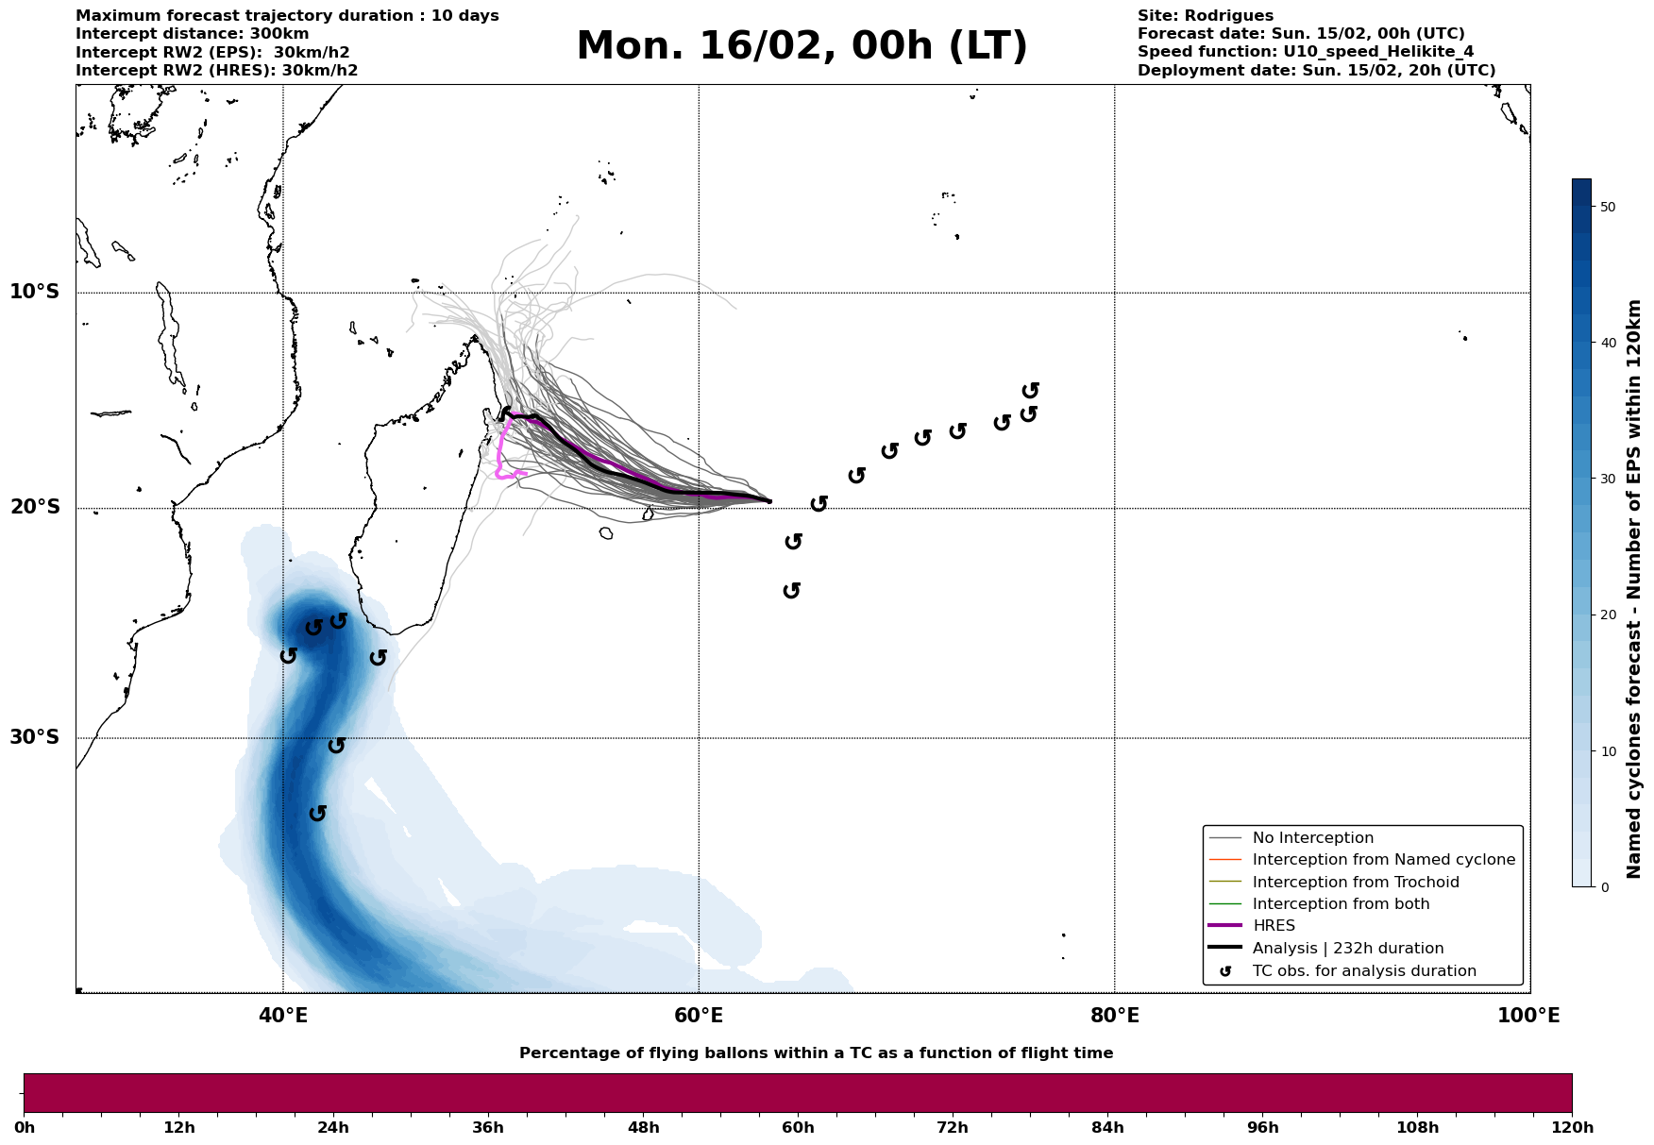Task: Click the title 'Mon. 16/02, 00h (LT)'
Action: [x=802, y=46]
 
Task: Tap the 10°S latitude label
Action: [x=35, y=292]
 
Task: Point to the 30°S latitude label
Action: [x=35, y=737]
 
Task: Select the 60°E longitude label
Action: [x=699, y=1017]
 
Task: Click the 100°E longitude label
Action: [x=1528, y=1017]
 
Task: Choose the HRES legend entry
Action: [x=1274, y=926]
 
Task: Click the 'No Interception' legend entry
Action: [x=1312, y=838]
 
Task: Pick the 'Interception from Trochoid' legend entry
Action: [x=1356, y=883]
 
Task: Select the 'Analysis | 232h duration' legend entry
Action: [x=1348, y=949]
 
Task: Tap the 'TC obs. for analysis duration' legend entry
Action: [x=1364, y=971]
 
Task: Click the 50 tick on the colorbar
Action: [x=1609, y=207]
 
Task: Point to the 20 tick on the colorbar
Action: [x=1609, y=615]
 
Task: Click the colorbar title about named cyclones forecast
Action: [x=1635, y=589]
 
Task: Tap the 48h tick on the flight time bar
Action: [x=643, y=1128]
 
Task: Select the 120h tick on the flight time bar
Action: [x=1571, y=1128]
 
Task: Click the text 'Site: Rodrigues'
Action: [x=1205, y=16]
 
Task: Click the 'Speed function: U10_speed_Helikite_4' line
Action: [x=1305, y=52]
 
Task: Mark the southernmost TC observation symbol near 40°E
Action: [x=318, y=813]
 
